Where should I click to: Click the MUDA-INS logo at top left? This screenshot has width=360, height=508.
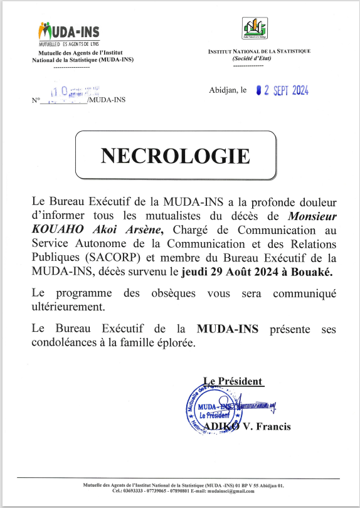click(x=68, y=32)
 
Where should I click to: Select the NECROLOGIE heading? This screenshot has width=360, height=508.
click(x=176, y=156)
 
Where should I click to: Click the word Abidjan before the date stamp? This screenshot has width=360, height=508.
click(x=223, y=91)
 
